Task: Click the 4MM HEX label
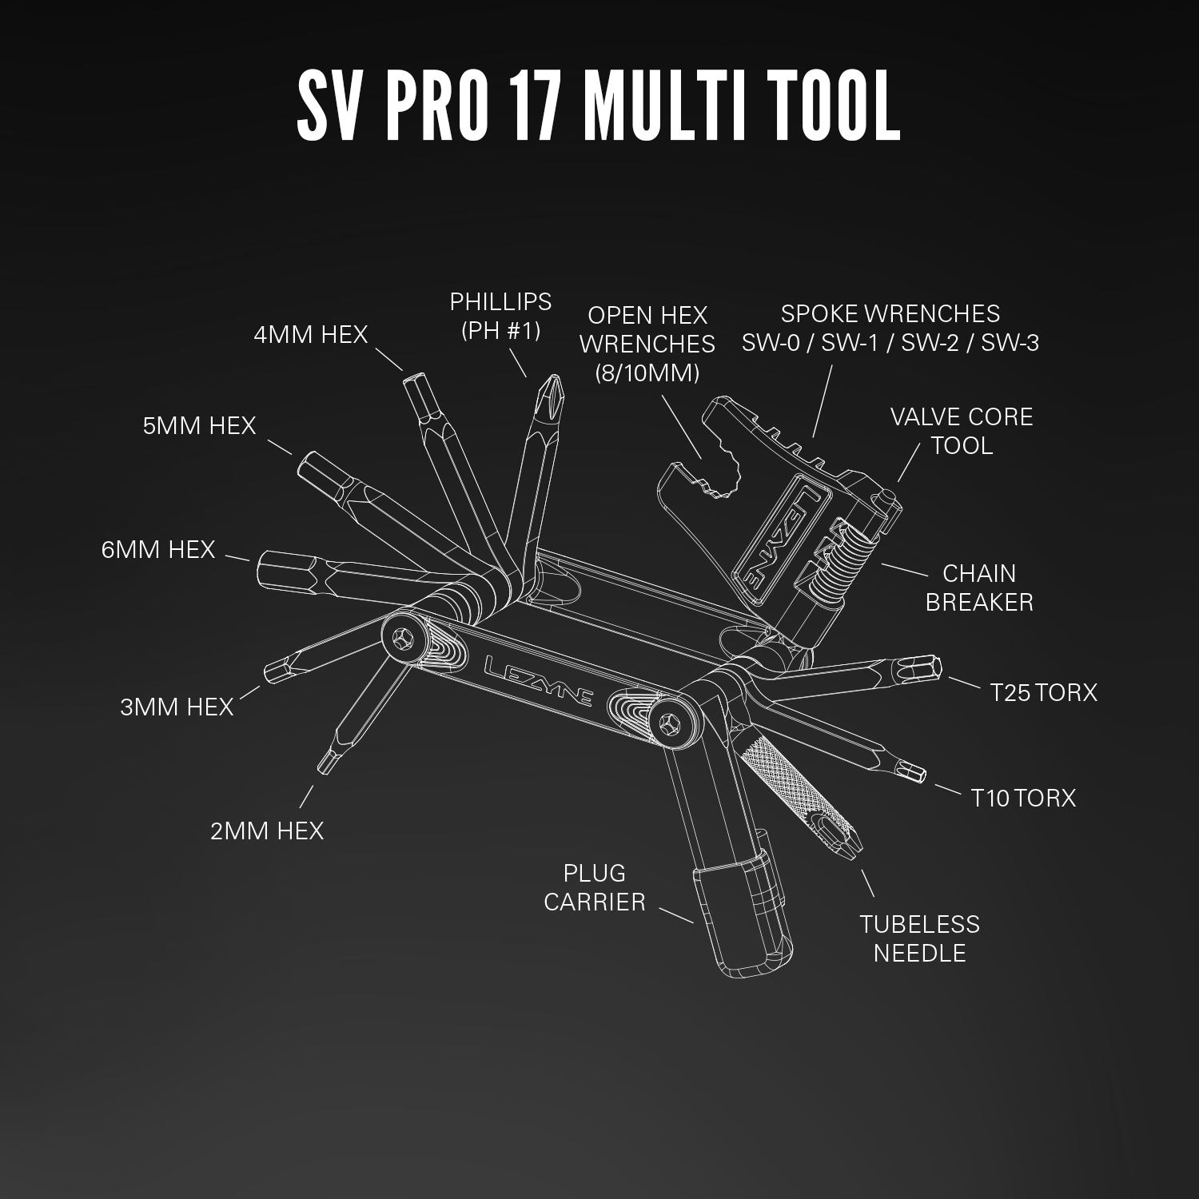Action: click(310, 334)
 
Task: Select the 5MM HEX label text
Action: click(199, 425)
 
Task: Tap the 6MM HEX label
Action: click(158, 550)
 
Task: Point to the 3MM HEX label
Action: click(177, 707)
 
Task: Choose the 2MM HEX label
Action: click(267, 831)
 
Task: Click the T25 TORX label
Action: click(1043, 692)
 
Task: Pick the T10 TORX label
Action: click(1023, 798)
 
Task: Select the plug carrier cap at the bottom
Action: click(743, 919)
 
